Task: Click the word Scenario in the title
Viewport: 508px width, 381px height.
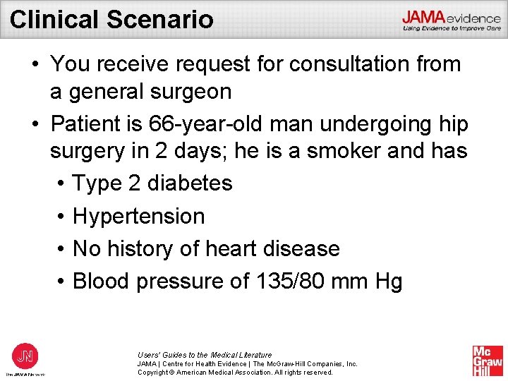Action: [160, 19]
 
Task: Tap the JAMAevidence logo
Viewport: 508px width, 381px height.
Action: [451, 20]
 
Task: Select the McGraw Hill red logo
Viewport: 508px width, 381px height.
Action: [488, 361]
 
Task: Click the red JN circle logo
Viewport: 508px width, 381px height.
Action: [25, 354]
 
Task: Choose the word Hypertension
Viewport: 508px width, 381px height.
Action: [138, 216]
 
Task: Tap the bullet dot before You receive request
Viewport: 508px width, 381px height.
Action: [35, 65]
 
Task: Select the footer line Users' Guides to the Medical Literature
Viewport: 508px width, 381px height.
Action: [205, 355]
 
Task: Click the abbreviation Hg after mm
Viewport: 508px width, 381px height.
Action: [389, 282]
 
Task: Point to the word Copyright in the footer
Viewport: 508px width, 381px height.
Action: [155, 372]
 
